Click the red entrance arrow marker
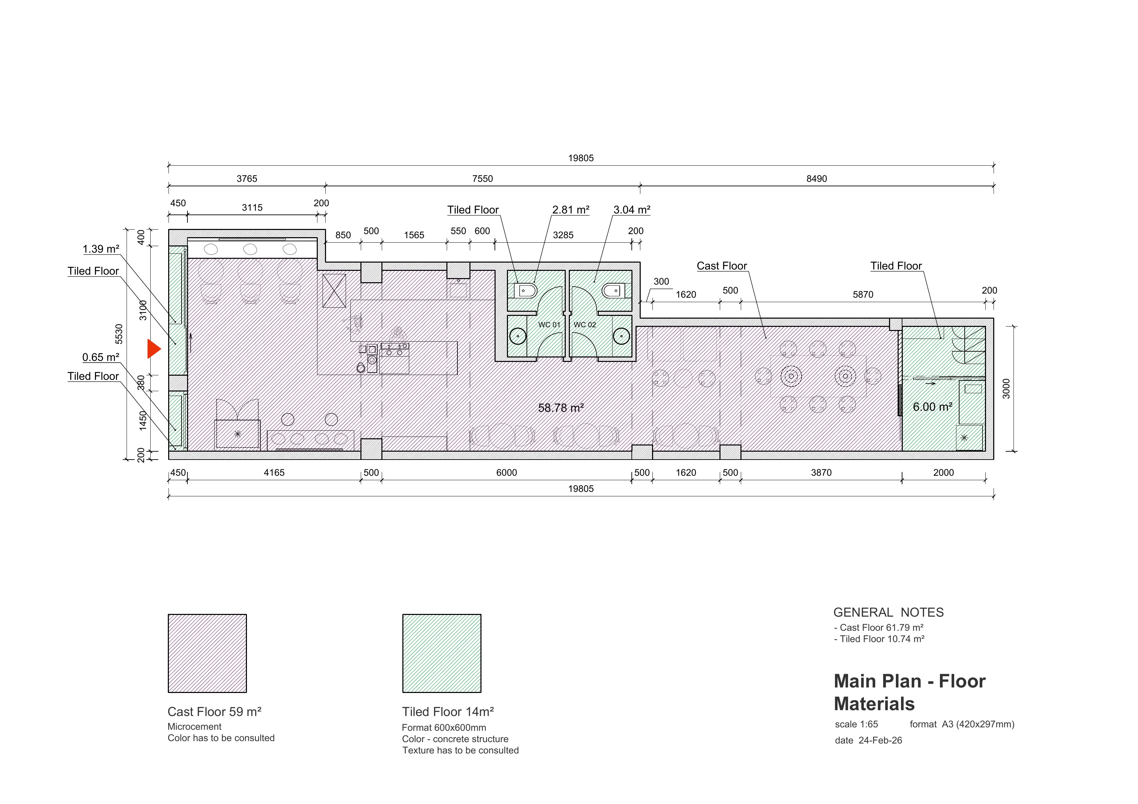(x=153, y=349)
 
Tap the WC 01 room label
(x=549, y=325)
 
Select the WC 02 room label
(x=585, y=325)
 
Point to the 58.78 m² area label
(x=561, y=408)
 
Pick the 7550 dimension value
(x=482, y=179)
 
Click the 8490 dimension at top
(x=816, y=179)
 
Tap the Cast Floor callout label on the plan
(x=722, y=266)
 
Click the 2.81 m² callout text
(x=571, y=210)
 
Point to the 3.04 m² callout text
(x=632, y=210)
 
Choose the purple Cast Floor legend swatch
(x=207, y=653)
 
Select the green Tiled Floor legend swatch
(x=442, y=653)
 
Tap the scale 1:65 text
(x=856, y=724)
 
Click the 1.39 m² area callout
(x=101, y=249)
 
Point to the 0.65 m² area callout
(x=101, y=358)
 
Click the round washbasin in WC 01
(x=518, y=337)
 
